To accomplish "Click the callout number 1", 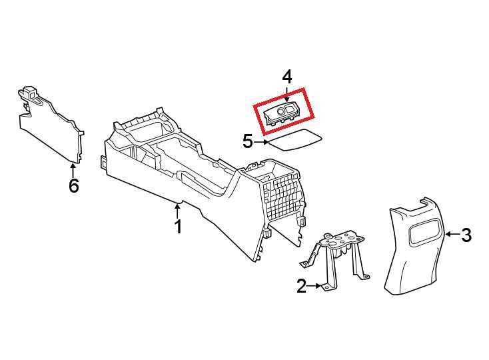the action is [x=178, y=227].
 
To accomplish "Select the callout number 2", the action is [x=302, y=286].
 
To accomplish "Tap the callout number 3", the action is [x=466, y=235].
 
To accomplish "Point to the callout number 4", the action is [x=287, y=77].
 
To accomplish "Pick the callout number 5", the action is [x=248, y=141].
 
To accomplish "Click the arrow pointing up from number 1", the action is [x=178, y=211].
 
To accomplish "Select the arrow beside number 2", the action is [x=314, y=285].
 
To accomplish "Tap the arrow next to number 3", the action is [x=453, y=234].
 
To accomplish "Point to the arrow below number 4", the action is [x=287, y=94].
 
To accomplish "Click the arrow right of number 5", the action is [x=261, y=142].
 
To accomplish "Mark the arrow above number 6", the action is [x=73, y=171].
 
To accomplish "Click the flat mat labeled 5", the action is [x=295, y=140].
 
